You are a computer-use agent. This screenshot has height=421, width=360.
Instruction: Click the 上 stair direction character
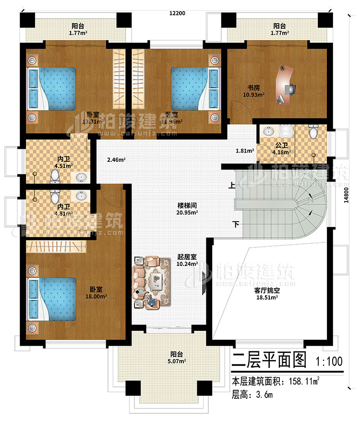233,184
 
